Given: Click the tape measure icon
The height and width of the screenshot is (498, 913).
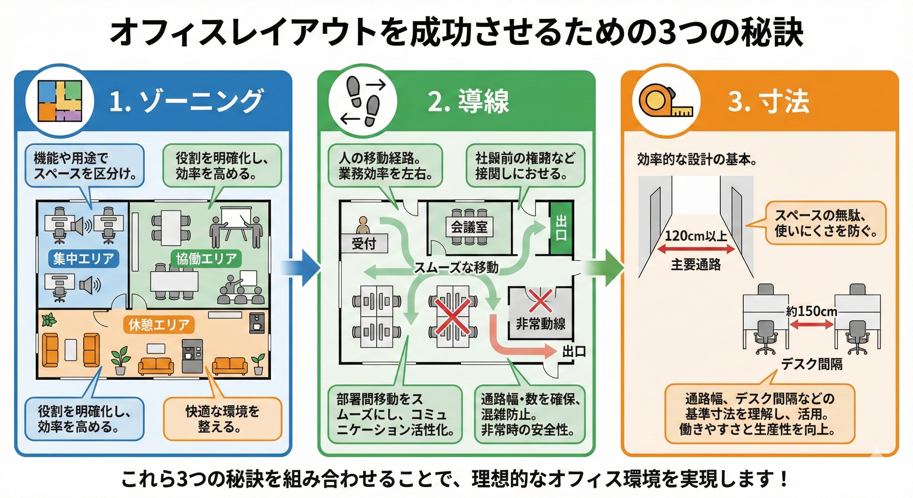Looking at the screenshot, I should [666, 102].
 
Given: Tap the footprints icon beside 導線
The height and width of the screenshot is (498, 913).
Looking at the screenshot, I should [363, 102].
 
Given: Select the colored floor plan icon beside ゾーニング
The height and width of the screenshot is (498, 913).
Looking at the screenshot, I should [60, 102].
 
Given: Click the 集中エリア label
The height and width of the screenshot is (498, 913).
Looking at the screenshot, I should [84, 258].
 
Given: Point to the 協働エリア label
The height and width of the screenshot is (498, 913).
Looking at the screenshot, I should [206, 258].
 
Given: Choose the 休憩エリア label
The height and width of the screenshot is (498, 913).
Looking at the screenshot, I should [159, 325].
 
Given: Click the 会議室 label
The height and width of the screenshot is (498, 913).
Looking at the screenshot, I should [469, 227].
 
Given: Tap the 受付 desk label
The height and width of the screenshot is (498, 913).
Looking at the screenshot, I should [364, 243].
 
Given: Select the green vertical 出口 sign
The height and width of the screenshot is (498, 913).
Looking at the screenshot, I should [561, 228].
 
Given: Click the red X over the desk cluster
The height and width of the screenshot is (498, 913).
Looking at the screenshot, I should [453, 316].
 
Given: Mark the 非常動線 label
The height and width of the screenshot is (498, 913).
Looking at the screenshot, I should [540, 324].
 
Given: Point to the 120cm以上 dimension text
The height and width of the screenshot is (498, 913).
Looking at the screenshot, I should [696, 236].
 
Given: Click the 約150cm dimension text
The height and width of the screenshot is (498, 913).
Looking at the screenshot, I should [811, 312].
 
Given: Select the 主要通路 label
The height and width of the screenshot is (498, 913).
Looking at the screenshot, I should [696, 265].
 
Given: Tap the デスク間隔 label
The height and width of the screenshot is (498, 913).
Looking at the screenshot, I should [812, 364].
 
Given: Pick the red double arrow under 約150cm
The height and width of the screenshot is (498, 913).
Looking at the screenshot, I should [812, 324].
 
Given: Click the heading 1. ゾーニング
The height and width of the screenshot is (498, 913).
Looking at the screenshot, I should [186, 102].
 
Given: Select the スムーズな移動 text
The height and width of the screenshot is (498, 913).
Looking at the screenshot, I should [456, 267].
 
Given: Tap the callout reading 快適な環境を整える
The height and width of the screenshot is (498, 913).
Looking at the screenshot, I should [223, 419].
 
